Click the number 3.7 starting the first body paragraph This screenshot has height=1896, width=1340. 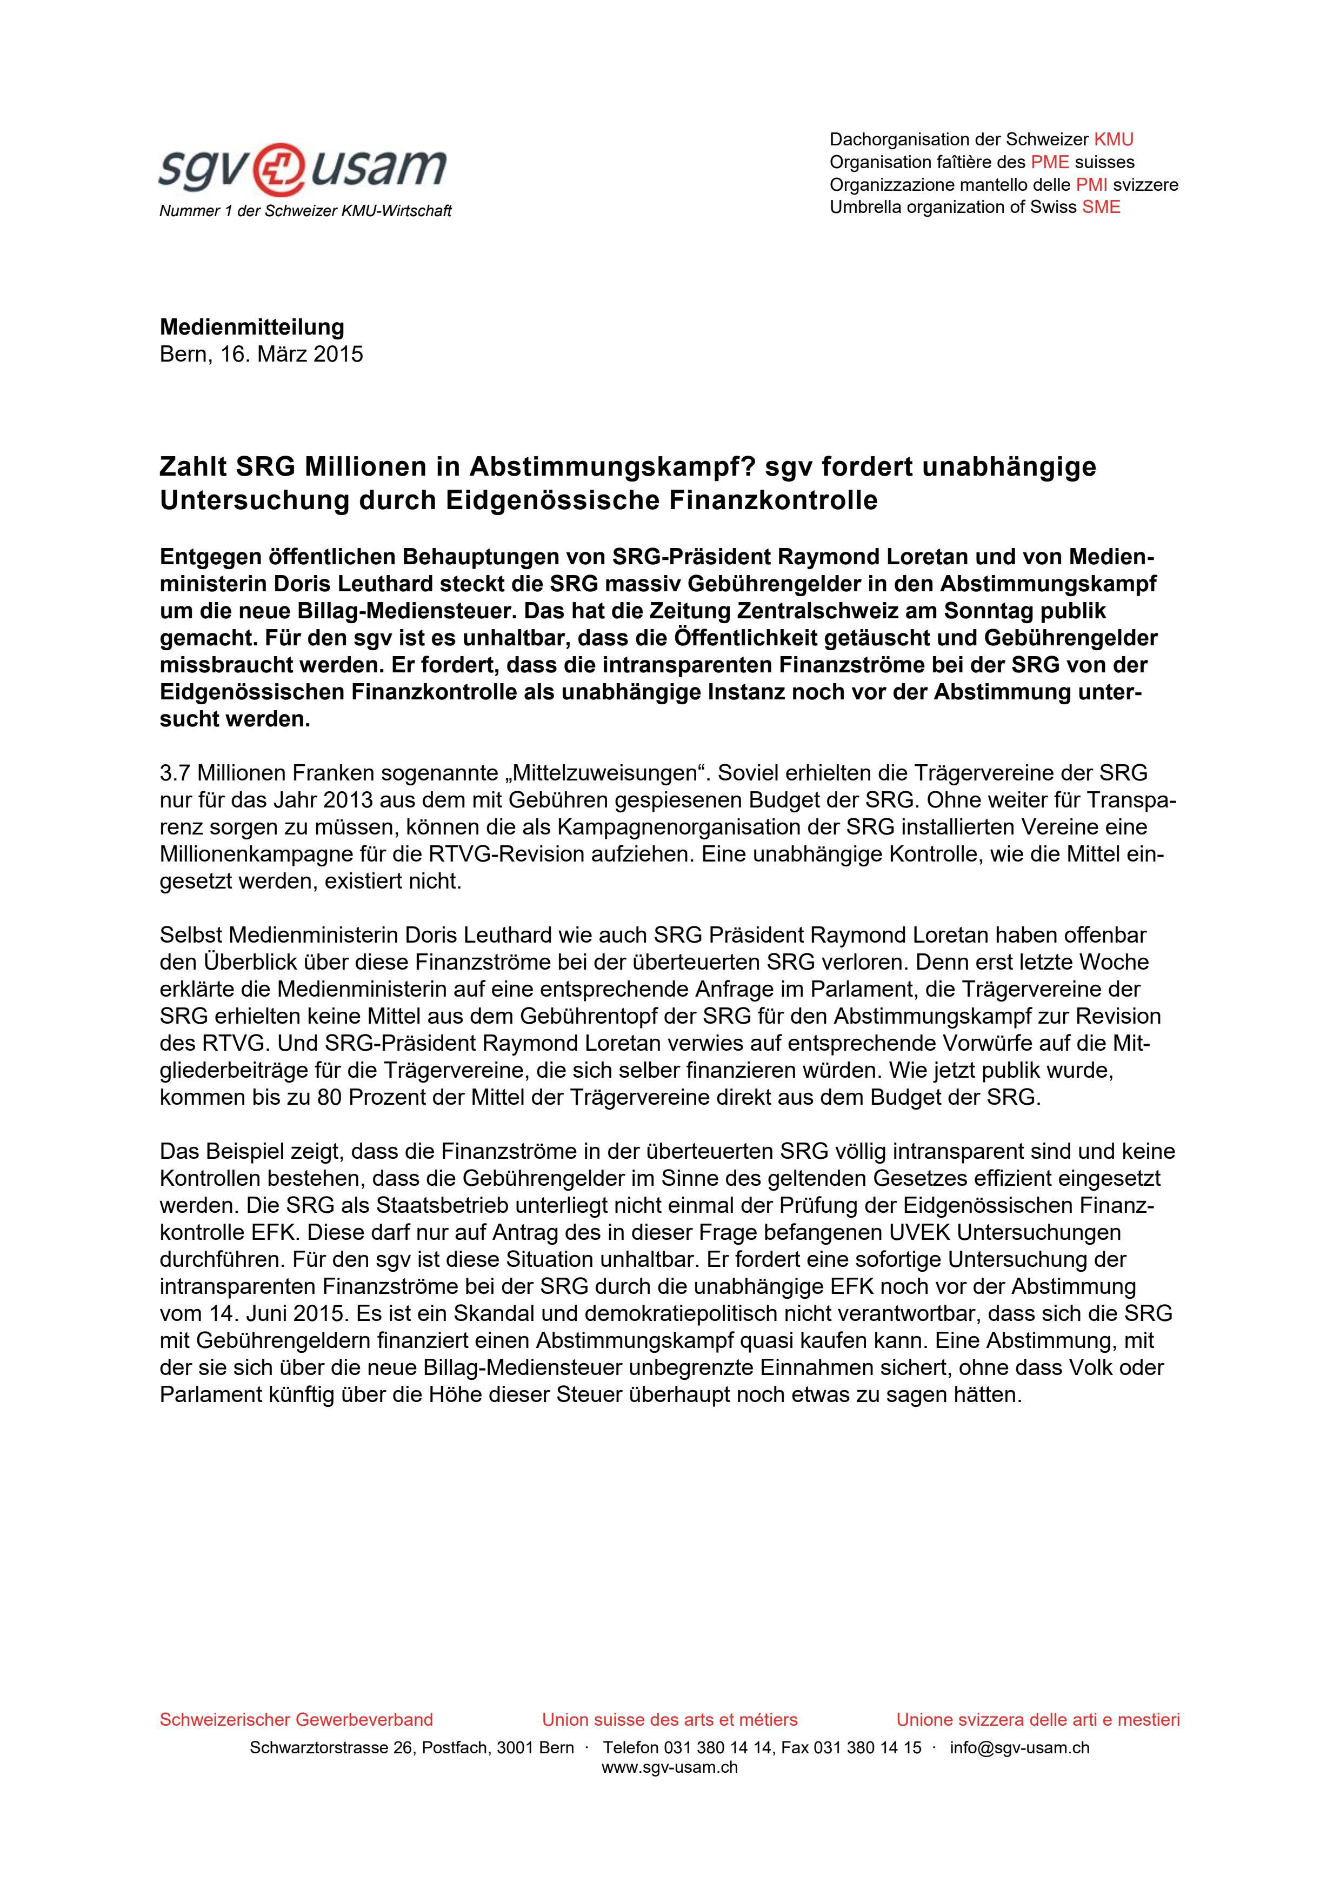[174, 774]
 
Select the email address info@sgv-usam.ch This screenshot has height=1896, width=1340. [1019, 1747]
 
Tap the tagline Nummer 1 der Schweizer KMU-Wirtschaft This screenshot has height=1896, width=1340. [305, 211]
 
